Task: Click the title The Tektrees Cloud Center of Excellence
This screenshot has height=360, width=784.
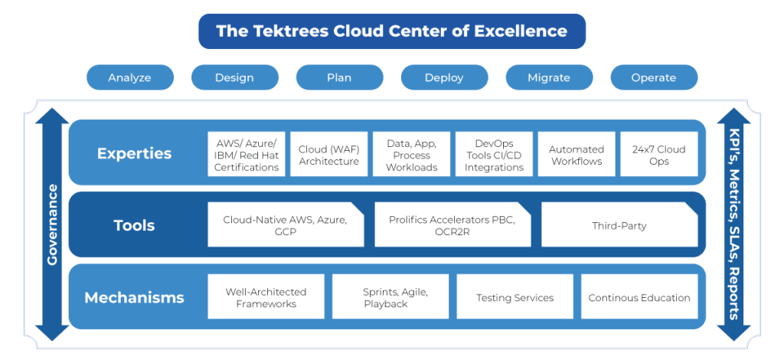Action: click(391, 31)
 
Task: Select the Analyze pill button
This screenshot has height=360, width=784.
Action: click(129, 77)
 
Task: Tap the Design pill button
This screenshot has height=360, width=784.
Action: click(234, 77)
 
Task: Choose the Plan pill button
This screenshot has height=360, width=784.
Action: click(339, 77)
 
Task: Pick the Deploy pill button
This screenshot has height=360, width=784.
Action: click(444, 77)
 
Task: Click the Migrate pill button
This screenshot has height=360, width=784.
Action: click(549, 77)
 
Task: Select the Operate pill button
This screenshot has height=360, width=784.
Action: click(654, 77)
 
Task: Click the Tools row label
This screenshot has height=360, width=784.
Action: click(134, 225)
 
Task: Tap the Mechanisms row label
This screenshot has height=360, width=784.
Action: click(134, 297)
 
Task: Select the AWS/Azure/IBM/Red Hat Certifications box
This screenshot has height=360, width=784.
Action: click(247, 154)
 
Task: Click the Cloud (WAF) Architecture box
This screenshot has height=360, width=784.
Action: click(329, 154)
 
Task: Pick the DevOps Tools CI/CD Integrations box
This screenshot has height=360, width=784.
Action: click(494, 154)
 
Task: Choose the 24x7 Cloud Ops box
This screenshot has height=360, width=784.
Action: click(658, 154)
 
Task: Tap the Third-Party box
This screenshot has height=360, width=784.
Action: click(619, 225)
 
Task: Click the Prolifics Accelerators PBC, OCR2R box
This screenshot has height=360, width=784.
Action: click(452, 225)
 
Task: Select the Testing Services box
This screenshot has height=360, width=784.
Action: click(514, 297)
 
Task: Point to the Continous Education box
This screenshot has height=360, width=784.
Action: click(639, 297)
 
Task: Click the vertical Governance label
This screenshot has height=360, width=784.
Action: click(53, 224)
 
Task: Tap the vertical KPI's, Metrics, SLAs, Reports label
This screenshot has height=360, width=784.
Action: click(733, 224)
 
